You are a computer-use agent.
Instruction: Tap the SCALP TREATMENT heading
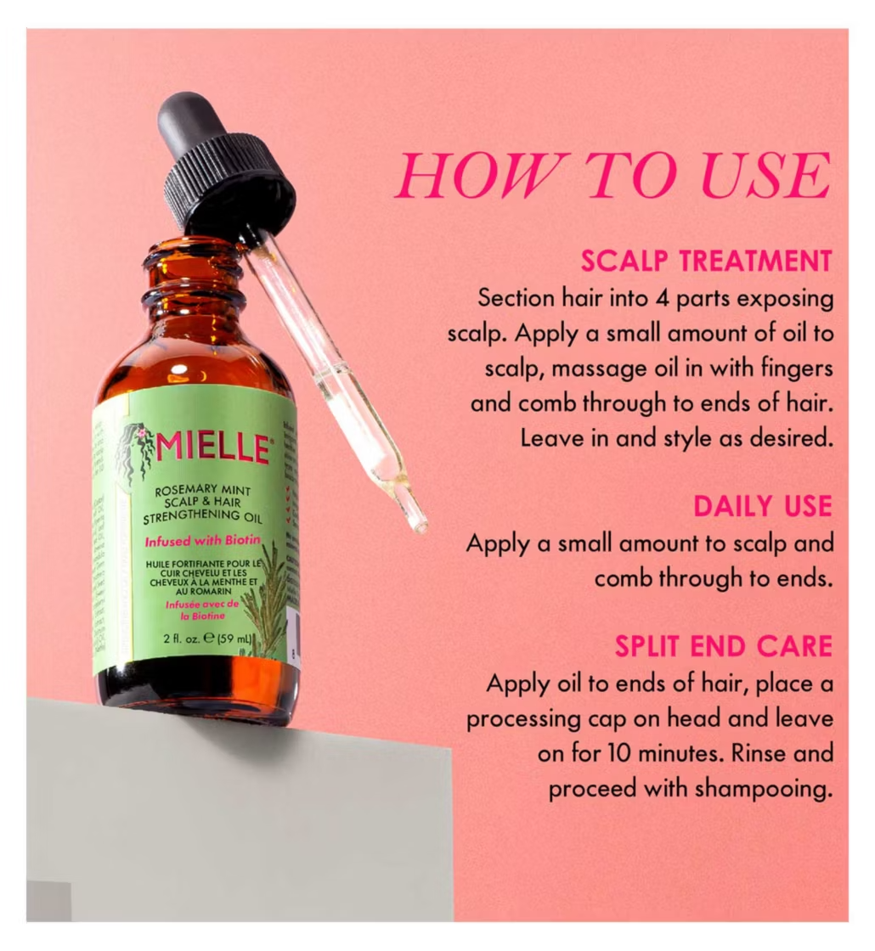point(706,261)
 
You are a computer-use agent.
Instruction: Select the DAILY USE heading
point(762,506)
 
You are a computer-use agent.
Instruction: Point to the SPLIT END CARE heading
point(723,647)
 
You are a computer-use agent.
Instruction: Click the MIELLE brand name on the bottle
point(212,448)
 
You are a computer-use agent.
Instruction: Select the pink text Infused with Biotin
point(202,540)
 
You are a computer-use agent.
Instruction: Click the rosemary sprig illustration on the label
point(265,599)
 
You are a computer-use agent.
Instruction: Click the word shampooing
point(761,789)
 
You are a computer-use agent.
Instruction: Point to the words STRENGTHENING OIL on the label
point(203,516)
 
